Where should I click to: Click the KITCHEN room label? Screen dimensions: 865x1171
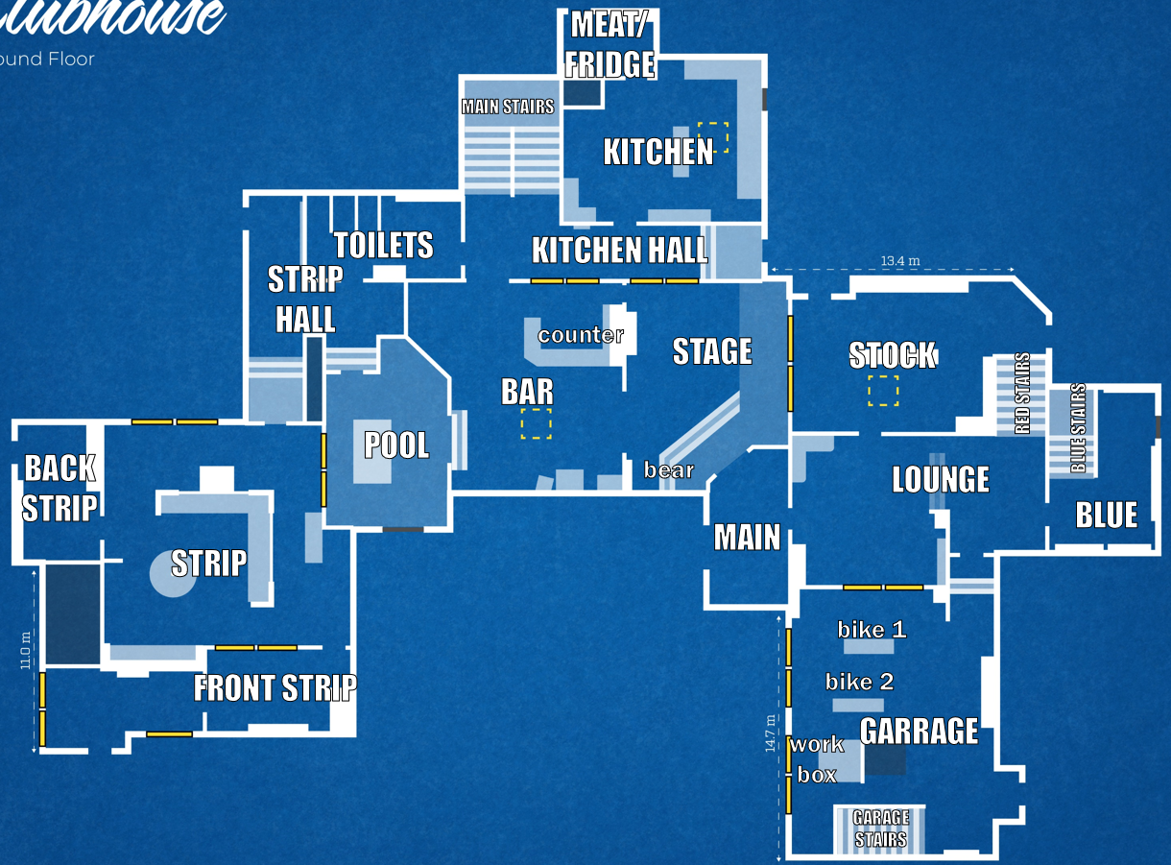(x=658, y=152)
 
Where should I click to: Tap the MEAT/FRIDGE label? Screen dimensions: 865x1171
(x=610, y=44)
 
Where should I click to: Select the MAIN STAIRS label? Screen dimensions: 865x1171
(x=508, y=107)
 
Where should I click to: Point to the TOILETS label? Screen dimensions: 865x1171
(x=384, y=245)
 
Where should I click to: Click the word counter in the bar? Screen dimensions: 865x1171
(x=581, y=335)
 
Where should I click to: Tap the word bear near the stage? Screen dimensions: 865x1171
(x=668, y=470)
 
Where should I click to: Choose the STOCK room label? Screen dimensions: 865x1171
(x=892, y=355)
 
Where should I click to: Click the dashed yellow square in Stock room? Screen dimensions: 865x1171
(x=883, y=391)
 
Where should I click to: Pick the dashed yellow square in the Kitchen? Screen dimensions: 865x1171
(x=713, y=137)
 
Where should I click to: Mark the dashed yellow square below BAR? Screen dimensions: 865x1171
(x=536, y=423)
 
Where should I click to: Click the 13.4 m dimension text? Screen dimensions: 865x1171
(x=900, y=260)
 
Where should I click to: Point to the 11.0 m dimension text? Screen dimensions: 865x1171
(x=27, y=650)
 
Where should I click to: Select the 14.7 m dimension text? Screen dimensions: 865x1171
(x=771, y=733)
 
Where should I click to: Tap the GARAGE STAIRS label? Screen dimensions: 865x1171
(x=880, y=829)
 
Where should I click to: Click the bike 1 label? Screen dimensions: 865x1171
(x=872, y=630)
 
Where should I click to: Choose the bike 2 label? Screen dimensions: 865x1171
(x=859, y=682)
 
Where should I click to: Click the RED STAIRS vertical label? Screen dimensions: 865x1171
(x=1022, y=394)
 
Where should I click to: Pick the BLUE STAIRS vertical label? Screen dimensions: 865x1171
(x=1078, y=428)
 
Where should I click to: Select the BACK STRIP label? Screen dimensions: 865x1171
(x=60, y=488)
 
